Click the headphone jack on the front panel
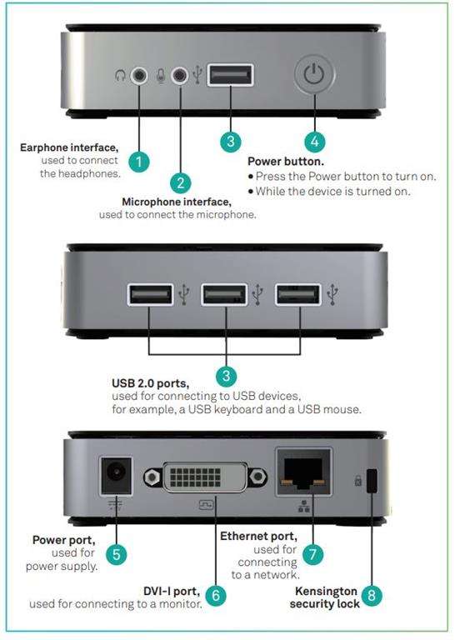(x=139, y=75)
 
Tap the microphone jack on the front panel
(x=180, y=75)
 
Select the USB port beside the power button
(x=230, y=75)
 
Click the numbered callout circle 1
(x=138, y=162)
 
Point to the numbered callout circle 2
(x=181, y=182)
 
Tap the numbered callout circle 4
(x=315, y=142)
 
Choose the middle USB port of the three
(x=224, y=295)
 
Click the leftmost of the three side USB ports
(x=151, y=295)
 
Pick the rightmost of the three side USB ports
(x=297, y=295)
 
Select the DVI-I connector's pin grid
(x=196, y=477)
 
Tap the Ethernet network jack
(x=304, y=472)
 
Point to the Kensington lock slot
(x=372, y=480)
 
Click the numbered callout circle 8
(x=372, y=595)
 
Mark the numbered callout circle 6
(x=216, y=596)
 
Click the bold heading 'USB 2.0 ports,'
(x=150, y=383)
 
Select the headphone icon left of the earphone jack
(x=120, y=75)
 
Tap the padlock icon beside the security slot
(x=357, y=480)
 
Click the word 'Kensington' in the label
(x=326, y=591)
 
